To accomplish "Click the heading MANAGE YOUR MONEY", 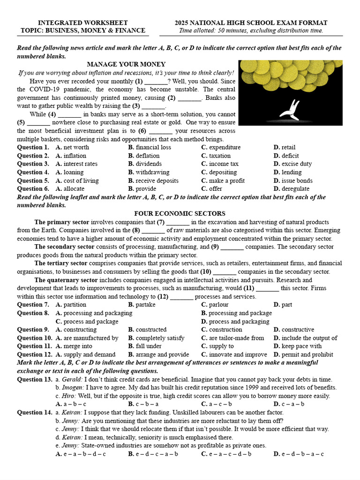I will (x=126, y=64).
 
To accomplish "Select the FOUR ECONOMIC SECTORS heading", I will (x=180, y=213).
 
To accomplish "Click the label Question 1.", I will (x=33, y=147).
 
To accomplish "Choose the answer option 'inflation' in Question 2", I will (x=75, y=156).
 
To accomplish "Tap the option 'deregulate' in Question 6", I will (x=295, y=188).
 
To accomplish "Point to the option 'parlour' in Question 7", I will (x=218, y=304).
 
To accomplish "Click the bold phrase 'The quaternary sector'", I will (x=66, y=280).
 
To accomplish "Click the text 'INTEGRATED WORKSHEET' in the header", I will (x=76, y=23).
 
